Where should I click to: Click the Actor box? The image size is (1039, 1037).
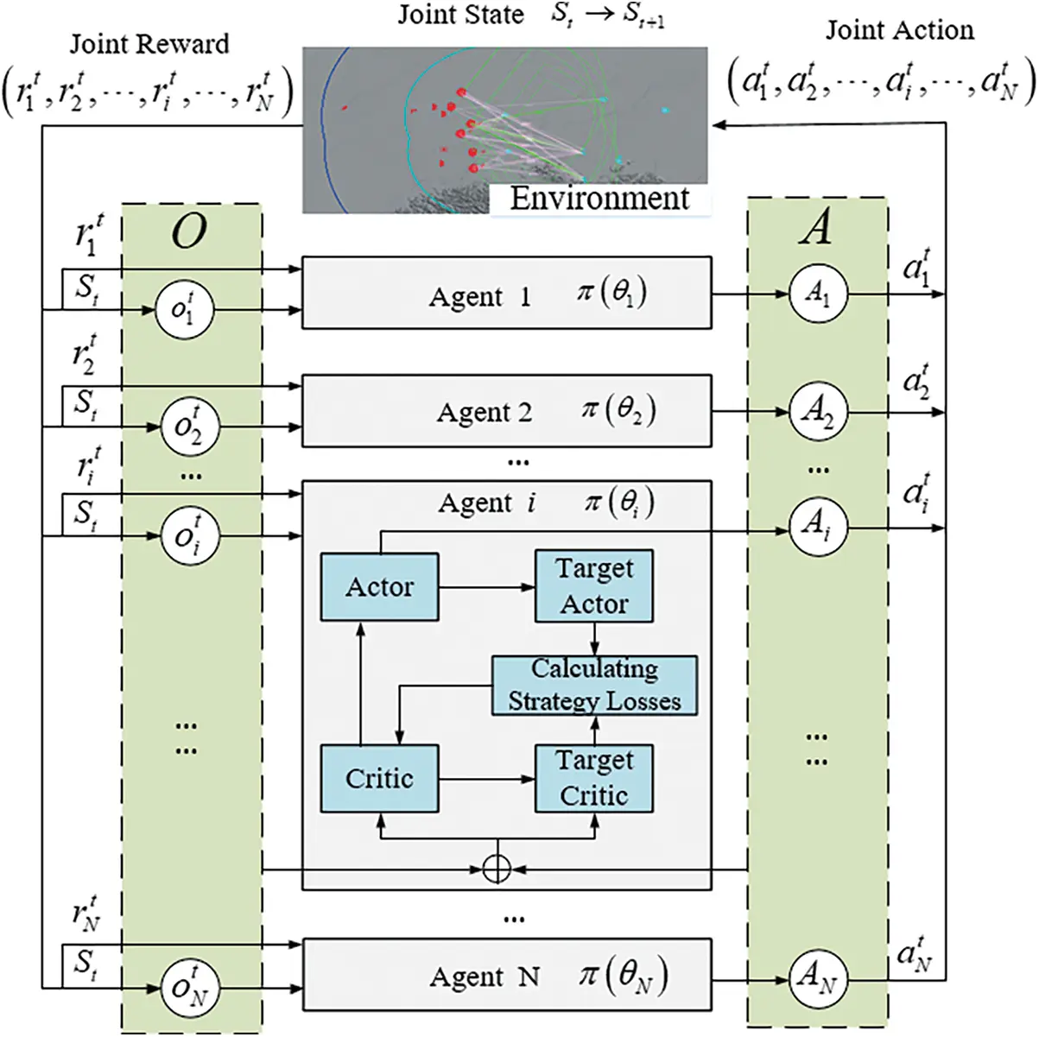tap(379, 587)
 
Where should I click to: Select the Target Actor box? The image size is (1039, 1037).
tap(594, 586)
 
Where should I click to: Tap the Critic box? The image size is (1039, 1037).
tap(379, 779)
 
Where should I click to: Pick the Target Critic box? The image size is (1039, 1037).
tap(594, 778)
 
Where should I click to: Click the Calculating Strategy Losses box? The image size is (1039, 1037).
tap(594, 686)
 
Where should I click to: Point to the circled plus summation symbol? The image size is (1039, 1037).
tap(497, 869)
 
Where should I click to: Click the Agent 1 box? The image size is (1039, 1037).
tap(506, 294)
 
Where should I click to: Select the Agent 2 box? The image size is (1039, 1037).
tap(506, 411)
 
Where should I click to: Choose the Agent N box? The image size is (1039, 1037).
tap(506, 976)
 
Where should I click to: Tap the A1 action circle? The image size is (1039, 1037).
tap(818, 294)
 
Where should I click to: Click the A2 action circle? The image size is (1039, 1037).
tap(818, 412)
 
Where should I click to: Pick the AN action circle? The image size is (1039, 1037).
tap(818, 978)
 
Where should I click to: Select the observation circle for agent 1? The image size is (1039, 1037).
tap(184, 309)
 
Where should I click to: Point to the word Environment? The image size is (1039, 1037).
tap(599, 198)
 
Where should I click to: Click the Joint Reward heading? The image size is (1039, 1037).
tap(149, 44)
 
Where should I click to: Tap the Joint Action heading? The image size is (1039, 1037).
tap(899, 30)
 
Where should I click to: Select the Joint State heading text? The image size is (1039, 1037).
tap(460, 15)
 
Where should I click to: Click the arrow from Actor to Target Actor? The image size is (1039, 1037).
tap(486, 587)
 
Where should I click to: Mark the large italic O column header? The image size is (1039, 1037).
tap(189, 231)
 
